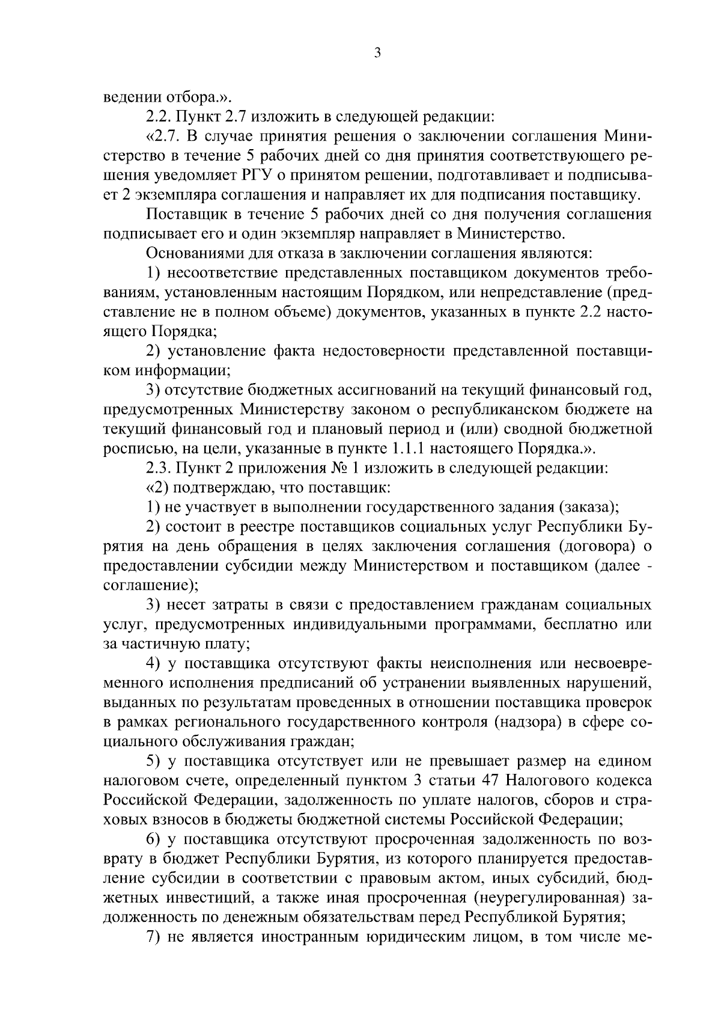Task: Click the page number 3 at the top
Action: [377, 54]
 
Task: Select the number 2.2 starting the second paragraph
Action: [158, 115]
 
